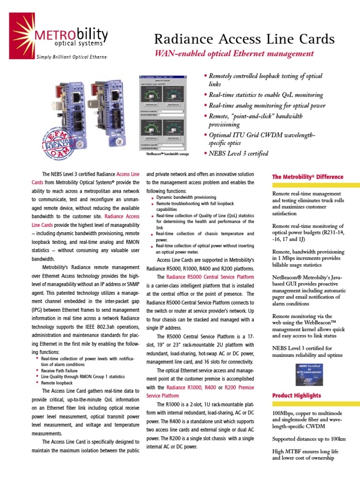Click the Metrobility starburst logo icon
coord(17,23)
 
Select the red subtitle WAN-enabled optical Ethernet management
coord(234,54)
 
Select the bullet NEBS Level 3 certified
coord(239,153)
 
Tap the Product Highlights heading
coord(297,396)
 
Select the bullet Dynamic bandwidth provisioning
coord(186,198)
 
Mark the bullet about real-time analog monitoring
coord(267,105)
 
